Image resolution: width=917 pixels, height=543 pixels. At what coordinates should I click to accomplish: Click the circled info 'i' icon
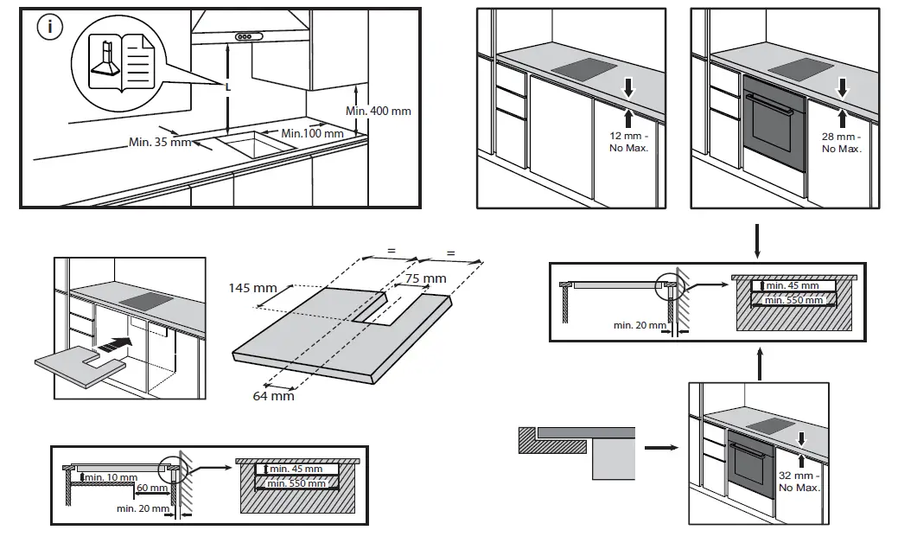point(50,28)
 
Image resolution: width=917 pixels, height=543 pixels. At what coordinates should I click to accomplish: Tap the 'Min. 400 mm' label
point(379,111)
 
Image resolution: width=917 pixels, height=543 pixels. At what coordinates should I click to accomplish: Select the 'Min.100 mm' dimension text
point(312,133)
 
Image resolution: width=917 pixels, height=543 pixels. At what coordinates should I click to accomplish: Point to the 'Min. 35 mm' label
point(160,142)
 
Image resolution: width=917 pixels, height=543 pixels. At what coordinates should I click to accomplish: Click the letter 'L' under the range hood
point(228,87)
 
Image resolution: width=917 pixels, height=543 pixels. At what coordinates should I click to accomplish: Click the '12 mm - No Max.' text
point(629,143)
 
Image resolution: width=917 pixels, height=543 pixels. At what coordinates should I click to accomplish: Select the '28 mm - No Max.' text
point(842,143)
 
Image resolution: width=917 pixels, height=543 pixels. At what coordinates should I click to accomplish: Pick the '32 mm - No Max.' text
point(800,482)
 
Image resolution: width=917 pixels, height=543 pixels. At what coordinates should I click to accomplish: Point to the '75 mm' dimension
point(425,278)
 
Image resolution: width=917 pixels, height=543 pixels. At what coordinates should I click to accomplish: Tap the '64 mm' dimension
point(272,395)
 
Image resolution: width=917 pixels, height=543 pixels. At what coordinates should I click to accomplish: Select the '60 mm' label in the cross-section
point(145,489)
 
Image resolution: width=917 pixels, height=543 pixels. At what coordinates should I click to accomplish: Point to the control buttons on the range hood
point(247,37)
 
